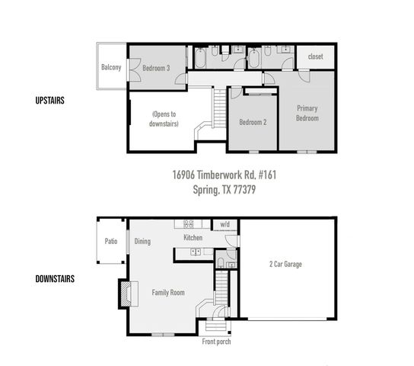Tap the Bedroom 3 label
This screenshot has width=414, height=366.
click(x=156, y=68)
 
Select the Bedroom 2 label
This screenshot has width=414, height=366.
click(x=253, y=122)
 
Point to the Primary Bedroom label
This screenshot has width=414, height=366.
click(x=307, y=113)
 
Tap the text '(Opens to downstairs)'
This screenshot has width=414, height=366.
click(x=164, y=119)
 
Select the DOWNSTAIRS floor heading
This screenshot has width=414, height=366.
click(x=55, y=278)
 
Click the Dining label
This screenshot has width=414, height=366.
click(x=142, y=242)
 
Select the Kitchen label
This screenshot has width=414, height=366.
click(x=193, y=239)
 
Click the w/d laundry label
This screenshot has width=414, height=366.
click(x=225, y=225)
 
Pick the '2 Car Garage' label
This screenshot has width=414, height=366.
click(x=285, y=264)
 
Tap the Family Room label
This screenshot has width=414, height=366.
click(x=170, y=292)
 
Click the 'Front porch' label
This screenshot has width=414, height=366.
click(x=216, y=342)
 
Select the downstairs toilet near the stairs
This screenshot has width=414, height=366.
click(x=221, y=263)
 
